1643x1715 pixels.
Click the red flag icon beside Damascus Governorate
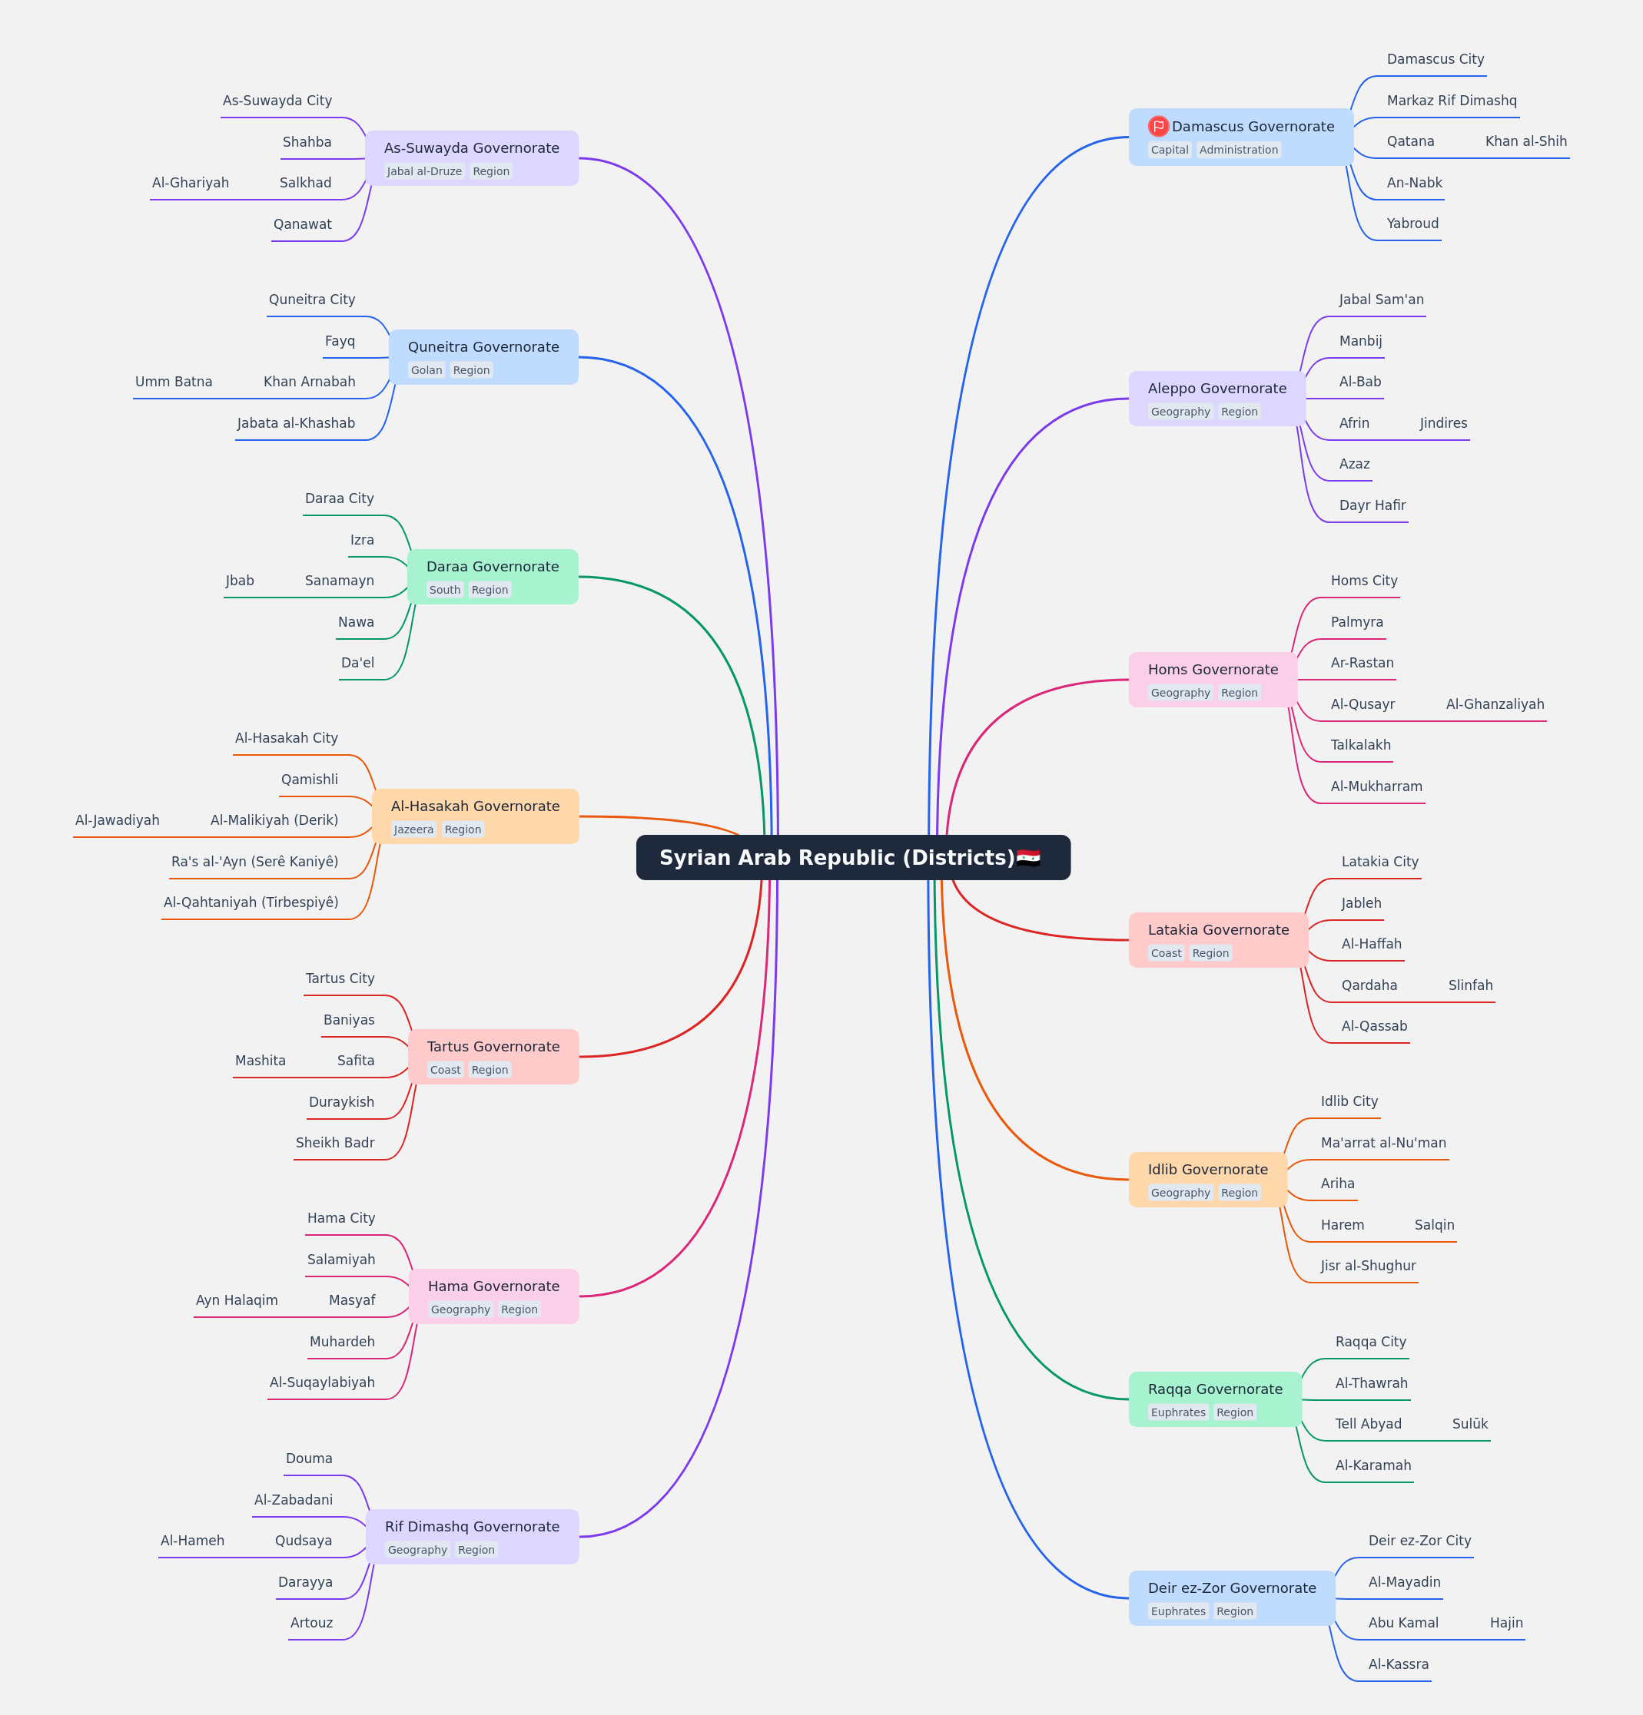(x=1158, y=126)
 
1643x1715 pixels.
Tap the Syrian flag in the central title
(x=1028, y=857)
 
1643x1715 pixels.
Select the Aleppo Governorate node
(x=1216, y=398)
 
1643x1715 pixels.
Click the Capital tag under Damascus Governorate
(x=1170, y=150)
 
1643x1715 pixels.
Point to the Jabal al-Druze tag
(x=424, y=171)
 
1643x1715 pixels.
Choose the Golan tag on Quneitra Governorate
(x=427, y=370)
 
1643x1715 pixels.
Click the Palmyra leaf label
(x=1357, y=622)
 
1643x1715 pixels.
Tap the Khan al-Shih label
(x=1525, y=141)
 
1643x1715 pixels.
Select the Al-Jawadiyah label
(x=118, y=820)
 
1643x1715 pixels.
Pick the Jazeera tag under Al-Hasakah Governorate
(x=413, y=829)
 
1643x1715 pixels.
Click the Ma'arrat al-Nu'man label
(x=1383, y=1143)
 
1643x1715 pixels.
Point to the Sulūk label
(x=1469, y=1424)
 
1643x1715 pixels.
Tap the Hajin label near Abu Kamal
(x=1506, y=1622)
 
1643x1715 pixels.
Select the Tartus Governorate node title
(x=493, y=1047)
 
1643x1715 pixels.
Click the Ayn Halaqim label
(x=237, y=1300)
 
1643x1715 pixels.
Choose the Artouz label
(x=312, y=1622)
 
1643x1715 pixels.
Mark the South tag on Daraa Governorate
(x=445, y=590)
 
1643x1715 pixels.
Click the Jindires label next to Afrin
(x=1443, y=422)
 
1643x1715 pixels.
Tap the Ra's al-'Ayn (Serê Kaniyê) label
(x=254, y=862)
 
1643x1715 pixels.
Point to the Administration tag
(x=1239, y=150)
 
